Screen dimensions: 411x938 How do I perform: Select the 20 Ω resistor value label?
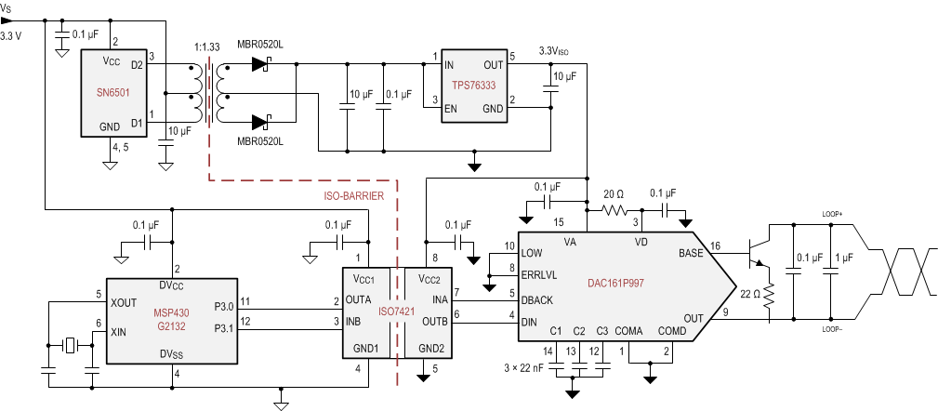[614, 193]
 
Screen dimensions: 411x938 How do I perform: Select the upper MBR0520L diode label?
[260, 44]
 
